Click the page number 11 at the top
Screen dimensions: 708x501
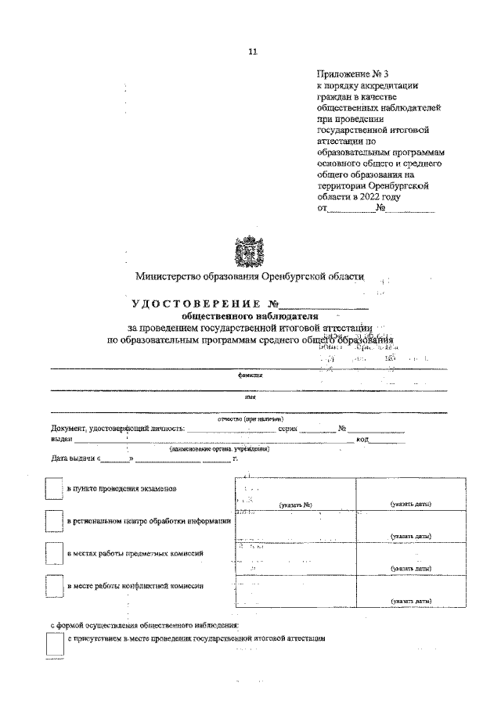[x=252, y=52]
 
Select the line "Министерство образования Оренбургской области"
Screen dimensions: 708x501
[x=250, y=276]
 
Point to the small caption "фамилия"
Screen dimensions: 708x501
[x=250, y=375]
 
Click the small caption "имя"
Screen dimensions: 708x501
[x=250, y=397]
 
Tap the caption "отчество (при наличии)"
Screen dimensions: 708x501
[x=250, y=419]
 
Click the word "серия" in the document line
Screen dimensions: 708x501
[x=288, y=429]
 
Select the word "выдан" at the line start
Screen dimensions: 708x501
[x=62, y=439]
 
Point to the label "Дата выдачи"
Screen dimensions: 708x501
[x=72, y=458]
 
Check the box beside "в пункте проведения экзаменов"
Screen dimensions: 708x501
[x=53, y=488]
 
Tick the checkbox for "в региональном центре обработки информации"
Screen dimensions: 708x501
[x=53, y=521]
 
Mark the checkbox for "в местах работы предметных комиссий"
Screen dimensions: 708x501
[x=53, y=554]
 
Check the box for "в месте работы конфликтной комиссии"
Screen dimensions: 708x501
[x=53, y=586]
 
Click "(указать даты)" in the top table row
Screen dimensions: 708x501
[x=412, y=505]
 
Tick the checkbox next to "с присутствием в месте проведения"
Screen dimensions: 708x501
[x=55, y=643]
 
